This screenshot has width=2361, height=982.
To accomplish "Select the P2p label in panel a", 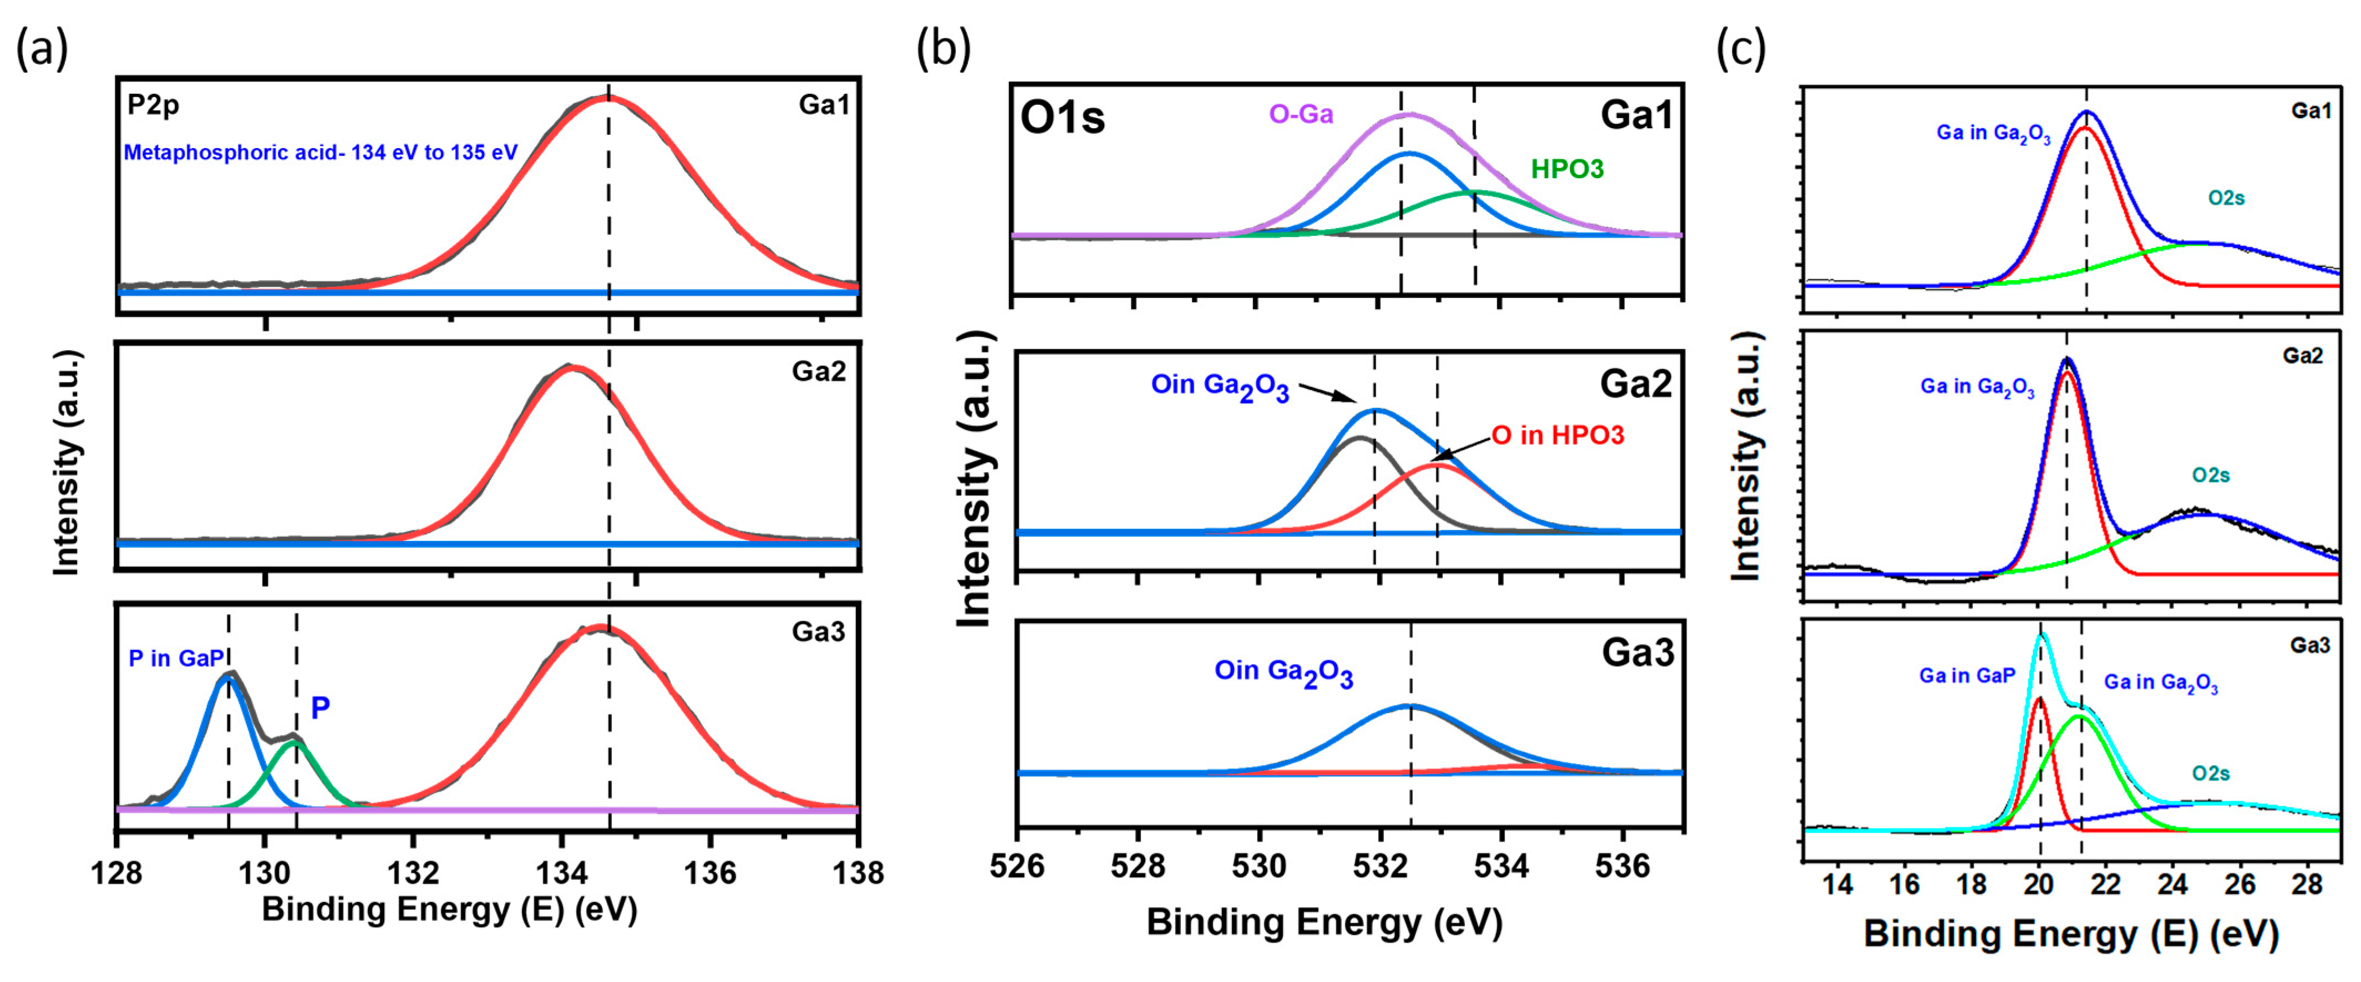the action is pyautogui.click(x=153, y=105).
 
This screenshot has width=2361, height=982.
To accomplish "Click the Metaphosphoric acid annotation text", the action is pyautogui.click(x=321, y=152).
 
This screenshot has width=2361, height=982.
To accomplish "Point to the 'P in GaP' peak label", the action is pyautogui.click(x=176, y=659).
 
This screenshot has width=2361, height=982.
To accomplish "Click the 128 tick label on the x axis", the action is pyautogui.click(x=116, y=872).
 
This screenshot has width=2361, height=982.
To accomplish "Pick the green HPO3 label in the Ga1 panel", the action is pyautogui.click(x=1567, y=169).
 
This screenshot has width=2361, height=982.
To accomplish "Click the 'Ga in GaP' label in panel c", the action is pyautogui.click(x=1968, y=676).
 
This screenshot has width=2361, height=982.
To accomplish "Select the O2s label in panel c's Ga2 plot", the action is pyautogui.click(x=2211, y=475).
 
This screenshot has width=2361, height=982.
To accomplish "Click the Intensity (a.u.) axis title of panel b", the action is pyautogui.click(x=974, y=479).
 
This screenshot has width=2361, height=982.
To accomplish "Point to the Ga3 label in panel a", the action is pyautogui.click(x=819, y=632).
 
